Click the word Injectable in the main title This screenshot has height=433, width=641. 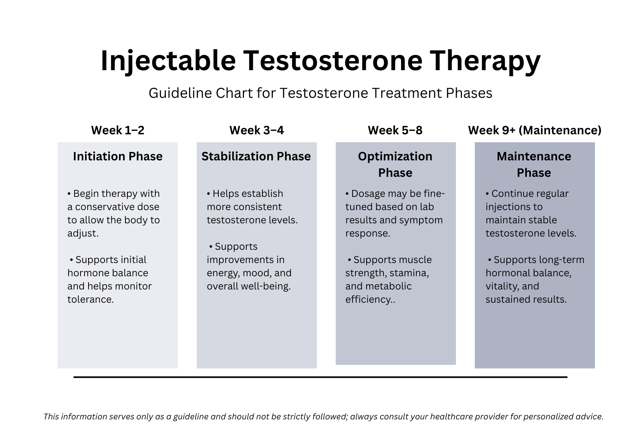(x=168, y=61)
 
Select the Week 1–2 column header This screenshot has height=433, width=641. (x=117, y=130)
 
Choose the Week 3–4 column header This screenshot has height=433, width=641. (x=256, y=130)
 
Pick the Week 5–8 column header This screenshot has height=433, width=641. (x=395, y=130)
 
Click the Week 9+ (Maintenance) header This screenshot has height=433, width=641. (x=534, y=130)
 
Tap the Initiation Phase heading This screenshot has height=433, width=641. (x=117, y=156)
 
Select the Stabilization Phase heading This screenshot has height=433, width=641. (x=256, y=156)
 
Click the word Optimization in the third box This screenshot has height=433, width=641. (x=395, y=156)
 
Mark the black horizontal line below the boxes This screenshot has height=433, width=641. (x=320, y=377)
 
